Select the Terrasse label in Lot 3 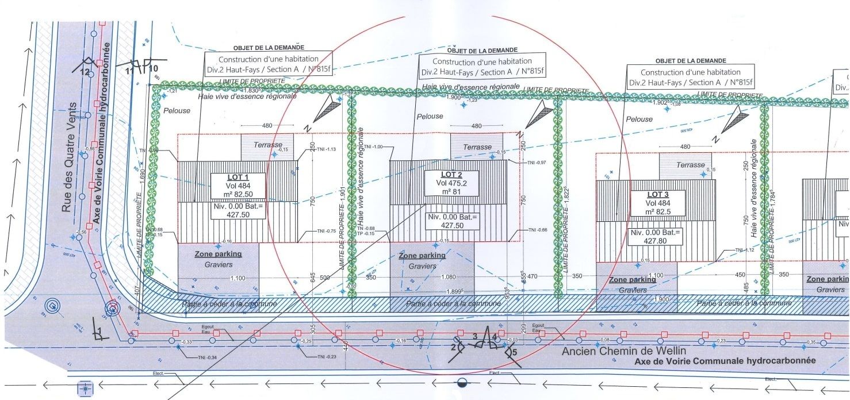[690, 165]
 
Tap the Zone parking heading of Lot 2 [422, 255]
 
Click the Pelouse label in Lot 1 [176, 110]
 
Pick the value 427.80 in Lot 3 [655, 240]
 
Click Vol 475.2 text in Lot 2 [451, 183]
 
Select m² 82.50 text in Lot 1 [239, 195]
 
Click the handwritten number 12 [85, 72]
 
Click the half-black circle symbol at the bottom [462, 383]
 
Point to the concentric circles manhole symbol [53, 305]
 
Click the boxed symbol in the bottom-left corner [85, 389]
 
